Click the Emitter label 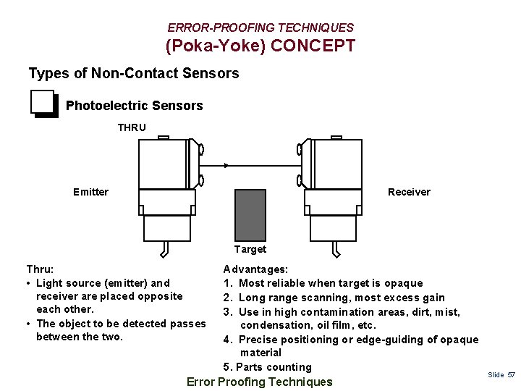90,192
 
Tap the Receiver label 409,192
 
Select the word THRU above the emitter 132,127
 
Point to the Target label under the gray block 250,249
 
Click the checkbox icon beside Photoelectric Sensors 43,104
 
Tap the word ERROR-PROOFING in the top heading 208,28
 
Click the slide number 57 512,374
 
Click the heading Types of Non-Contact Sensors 133,73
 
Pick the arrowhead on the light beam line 226,166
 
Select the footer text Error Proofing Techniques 260,382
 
